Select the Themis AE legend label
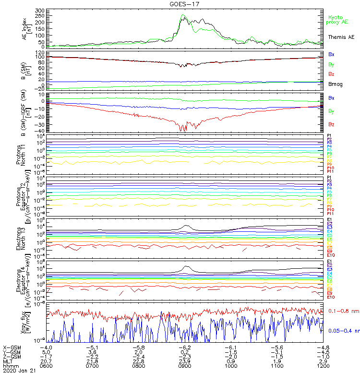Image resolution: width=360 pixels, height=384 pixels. click(341, 37)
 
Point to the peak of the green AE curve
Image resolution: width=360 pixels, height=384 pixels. click(183, 15)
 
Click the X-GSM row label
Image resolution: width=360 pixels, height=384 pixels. click(13, 347)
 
